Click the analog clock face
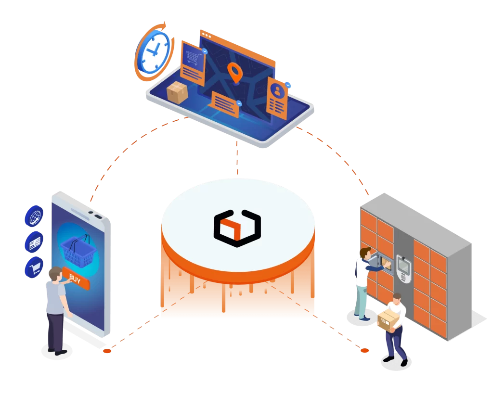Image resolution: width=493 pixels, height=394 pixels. pyautogui.click(x=154, y=52)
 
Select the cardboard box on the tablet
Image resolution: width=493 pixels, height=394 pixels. pyautogui.click(x=177, y=92)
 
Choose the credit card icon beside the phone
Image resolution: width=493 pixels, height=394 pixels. pyautogui.click(x=34, y=241)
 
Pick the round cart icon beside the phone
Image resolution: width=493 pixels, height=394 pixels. pyautogui.click(x=34, y=267)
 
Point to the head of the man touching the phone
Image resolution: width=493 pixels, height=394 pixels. pyautogui.click(x=55, y=274)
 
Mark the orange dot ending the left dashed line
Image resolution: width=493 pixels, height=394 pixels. pyautogui.click(x=107, y=351)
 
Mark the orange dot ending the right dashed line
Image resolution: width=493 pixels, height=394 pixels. pyautogui.click(x=364, y=351)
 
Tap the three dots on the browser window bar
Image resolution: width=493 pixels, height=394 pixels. pyautogui.click(x=207, y=35)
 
